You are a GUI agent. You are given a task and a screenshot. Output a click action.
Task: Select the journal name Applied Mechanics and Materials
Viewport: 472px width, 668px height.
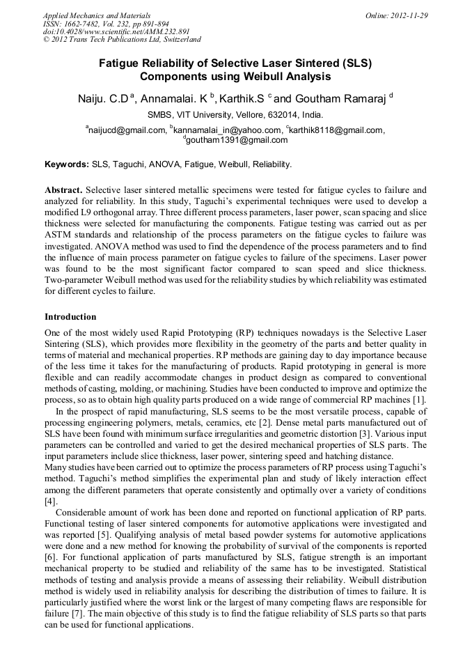(x=96, y=15)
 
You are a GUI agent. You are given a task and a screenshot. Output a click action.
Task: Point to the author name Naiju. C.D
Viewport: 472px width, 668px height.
(x=103, y=98)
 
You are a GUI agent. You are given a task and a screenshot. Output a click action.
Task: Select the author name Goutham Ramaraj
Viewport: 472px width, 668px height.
(x=343, y=98)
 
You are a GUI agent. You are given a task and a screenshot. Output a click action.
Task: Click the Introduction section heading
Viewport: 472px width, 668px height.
(x=70, y=316)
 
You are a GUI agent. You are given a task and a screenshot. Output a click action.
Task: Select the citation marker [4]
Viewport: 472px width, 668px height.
(x=50, y=501)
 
